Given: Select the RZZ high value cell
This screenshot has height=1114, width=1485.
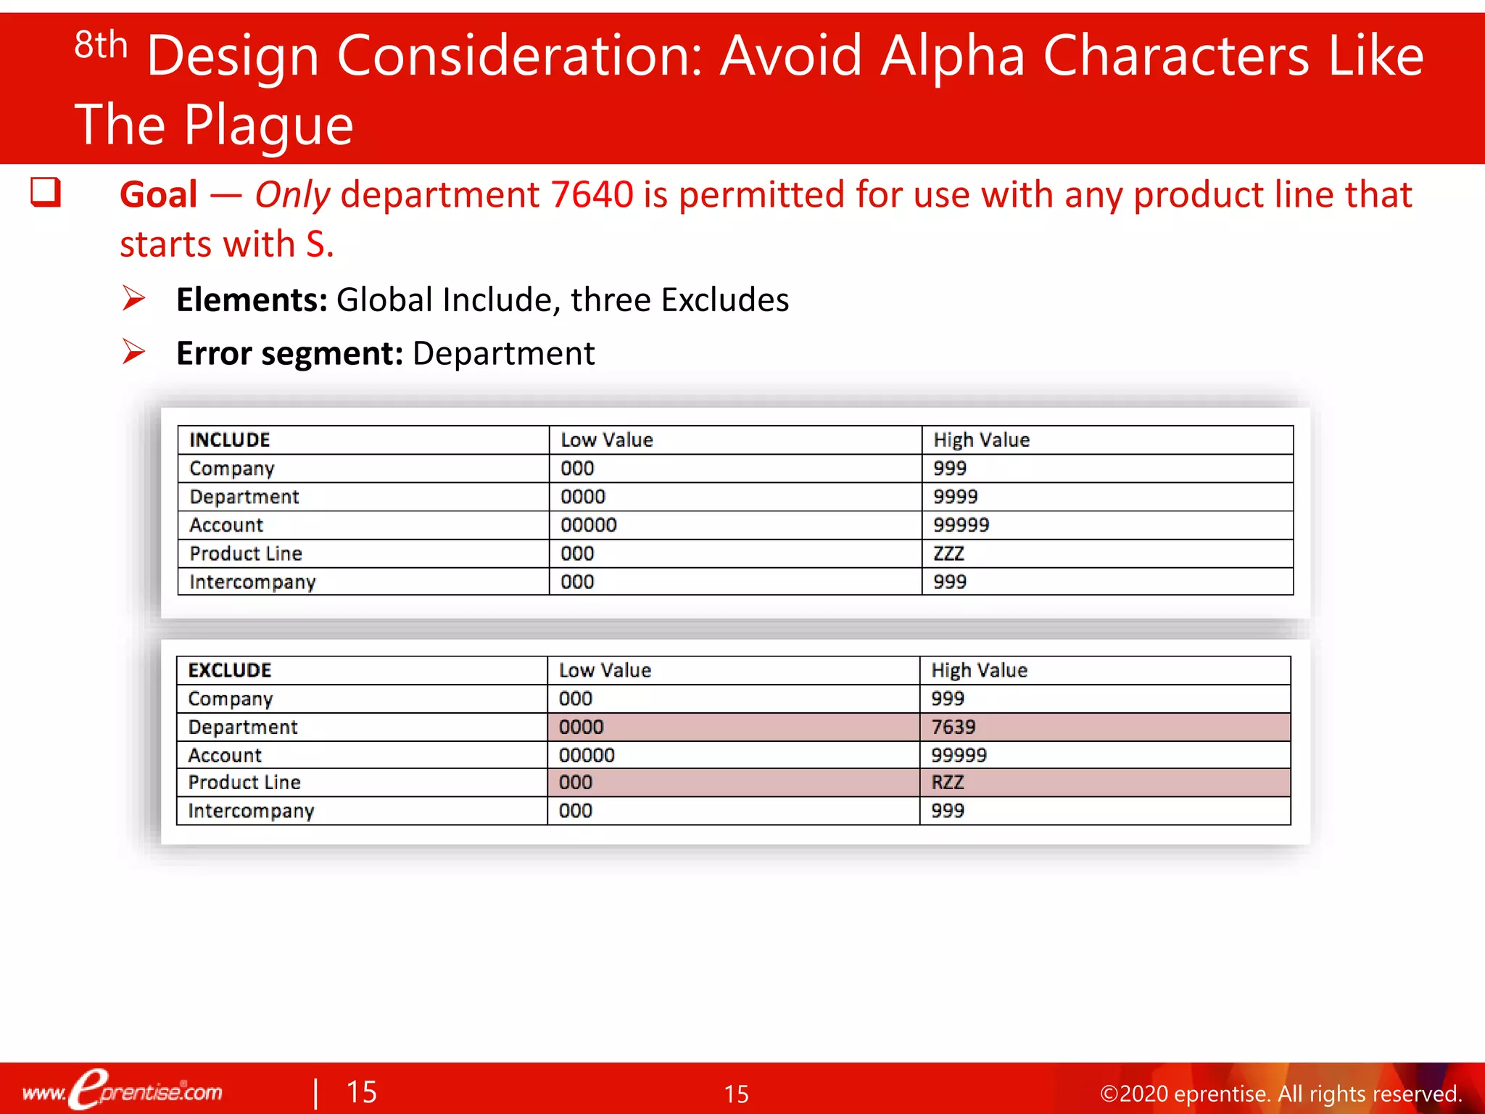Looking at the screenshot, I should tap(948, 783).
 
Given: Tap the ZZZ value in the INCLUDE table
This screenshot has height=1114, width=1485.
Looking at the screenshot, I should tap(948, 553).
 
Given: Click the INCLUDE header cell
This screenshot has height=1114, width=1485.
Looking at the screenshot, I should tap(229, 440).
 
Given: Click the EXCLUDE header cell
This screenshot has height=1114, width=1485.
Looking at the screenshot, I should tap(229, 670).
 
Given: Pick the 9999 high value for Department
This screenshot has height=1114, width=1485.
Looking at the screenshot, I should tap(955, 497).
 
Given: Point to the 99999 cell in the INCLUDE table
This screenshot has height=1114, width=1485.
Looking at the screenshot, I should tap(961, 525).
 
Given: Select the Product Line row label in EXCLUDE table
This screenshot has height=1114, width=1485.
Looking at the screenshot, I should tap(244, 783).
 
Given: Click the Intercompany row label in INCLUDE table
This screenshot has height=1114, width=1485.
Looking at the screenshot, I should tap(252, 582).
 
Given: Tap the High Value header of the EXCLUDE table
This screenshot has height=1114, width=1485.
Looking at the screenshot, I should tap(979, 670).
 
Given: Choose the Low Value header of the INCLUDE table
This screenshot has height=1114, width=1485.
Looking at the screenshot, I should tap(606, 440).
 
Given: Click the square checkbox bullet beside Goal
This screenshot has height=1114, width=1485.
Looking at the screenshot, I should tap(45, 193).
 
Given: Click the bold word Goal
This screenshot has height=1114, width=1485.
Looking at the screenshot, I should tap(158, 194).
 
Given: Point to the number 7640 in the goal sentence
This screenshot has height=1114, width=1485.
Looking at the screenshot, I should tap(592, 194).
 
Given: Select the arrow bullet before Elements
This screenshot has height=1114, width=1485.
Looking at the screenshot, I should tap(133, 298).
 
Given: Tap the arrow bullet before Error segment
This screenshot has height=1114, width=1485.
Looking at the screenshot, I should tap(133, 352).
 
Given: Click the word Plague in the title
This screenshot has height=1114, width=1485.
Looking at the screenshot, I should tap(268, 125).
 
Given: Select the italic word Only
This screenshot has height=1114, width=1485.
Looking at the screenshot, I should tap(292, 194).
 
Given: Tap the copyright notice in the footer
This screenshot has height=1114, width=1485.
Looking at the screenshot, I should tap(1280, 1093).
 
